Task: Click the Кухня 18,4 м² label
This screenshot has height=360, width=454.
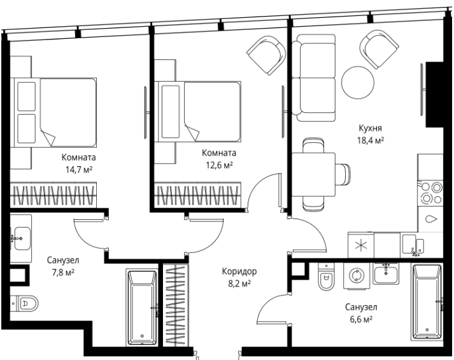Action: (x=371, y=134)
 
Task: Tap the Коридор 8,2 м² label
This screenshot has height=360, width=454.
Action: (x=239, y=277)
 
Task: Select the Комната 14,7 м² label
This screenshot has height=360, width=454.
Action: (x=78, y=163)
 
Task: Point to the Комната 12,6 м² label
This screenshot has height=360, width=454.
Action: (x=219, y=159)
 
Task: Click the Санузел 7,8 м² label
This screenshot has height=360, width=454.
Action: (x=63, y=266)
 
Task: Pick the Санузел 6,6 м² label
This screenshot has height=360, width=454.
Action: (x=361, y=313)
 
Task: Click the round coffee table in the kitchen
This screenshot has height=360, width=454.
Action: (x=358, y=83)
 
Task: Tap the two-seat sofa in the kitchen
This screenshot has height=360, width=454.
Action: (x=313, y=78)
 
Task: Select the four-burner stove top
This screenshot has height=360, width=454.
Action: (x=430, y=192)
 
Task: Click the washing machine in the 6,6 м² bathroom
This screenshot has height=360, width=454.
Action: (x=357, y=275)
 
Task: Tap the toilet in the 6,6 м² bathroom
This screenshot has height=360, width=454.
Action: (x=326, y=277)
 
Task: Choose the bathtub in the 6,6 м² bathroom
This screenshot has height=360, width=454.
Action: (x=427, y=301)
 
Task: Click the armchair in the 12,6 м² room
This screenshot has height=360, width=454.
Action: (x=266, y=55)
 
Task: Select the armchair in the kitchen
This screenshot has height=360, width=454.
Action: (x=379, y=49)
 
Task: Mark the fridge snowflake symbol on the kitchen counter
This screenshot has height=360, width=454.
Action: (x=360, y=245)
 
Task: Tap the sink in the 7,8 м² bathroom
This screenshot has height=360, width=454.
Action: (x=21, y=238)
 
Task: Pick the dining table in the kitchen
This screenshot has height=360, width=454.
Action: (x=313, y=175)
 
